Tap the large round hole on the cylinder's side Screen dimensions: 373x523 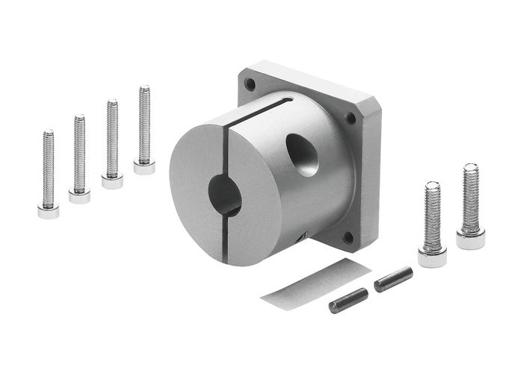coord(303,154)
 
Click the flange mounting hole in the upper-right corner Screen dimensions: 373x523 coord(350,118)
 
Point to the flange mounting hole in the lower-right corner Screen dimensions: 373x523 coord(347,238)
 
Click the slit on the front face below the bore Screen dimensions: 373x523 coord(227,239)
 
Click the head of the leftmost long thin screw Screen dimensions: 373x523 coord(48,211)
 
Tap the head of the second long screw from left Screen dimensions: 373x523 coord(79,196)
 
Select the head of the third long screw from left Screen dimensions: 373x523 coord(112,181)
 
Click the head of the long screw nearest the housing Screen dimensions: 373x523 coord(144,167)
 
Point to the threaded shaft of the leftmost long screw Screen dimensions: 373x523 coord(48,168)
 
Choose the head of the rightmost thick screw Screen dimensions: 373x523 coord(471,239)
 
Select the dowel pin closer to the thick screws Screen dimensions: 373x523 coord(394,279)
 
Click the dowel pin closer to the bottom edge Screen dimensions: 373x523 coord(348,300)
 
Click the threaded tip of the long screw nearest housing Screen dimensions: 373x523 coord(144,91)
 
